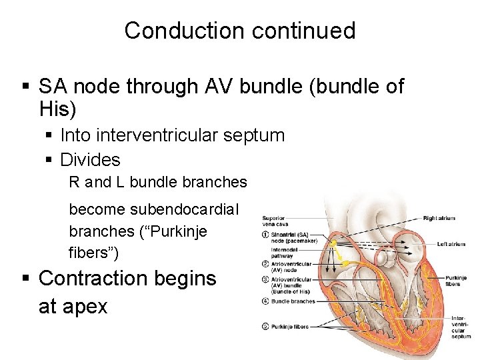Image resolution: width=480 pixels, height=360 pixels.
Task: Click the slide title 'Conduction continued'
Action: coord(239,31)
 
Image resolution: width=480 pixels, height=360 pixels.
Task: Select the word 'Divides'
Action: coord(90,160)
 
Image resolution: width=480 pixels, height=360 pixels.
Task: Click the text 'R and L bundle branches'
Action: coord(158,182)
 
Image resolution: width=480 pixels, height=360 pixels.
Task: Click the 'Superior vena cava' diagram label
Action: coord(274,221)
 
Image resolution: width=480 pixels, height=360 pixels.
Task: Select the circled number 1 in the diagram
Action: coord(265,234)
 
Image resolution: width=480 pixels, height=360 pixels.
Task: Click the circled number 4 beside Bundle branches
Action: coord(265,301)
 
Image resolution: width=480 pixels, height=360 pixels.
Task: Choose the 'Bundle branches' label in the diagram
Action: coord(293,301)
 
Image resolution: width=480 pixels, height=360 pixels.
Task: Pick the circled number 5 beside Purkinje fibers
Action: coord(265,326)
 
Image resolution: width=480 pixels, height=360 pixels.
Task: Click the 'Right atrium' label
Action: coord(439,218)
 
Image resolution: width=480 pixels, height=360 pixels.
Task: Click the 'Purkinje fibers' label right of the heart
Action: coord(456,280)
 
